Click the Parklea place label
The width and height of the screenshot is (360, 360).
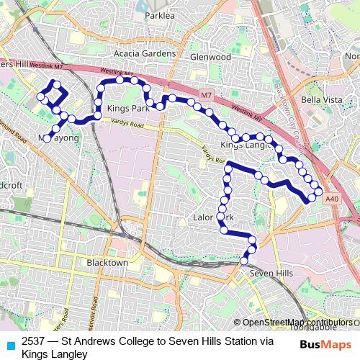160,35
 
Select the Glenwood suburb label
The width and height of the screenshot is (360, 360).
210,57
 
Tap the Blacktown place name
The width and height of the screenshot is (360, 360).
107,263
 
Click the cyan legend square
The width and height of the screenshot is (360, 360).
10,344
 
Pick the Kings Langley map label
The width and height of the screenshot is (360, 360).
243,145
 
